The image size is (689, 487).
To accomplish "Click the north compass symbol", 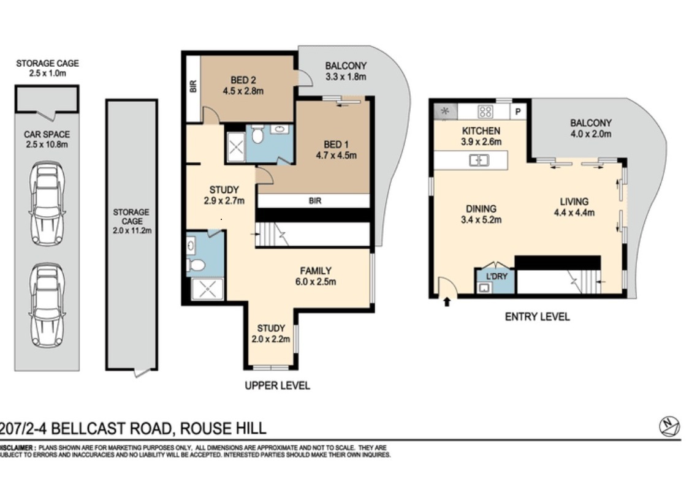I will pyautogui.click(x=669, y=426).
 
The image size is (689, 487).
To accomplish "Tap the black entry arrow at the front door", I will pyautogui.click(x=446, y=301).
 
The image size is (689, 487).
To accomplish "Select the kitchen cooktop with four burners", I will pyautogui.click(x=485, y=111).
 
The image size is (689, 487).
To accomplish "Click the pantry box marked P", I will pyautogui.click(x=517, y=111).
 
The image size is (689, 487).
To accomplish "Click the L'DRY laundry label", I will pyautogui.click(x=496, y=276).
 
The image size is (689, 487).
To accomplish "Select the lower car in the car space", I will pyautogui.click(x=47, y=304).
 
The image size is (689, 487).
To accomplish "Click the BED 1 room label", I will pyautogui.click(x=336, y=145).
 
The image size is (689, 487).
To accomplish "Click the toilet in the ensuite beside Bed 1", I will pyautogui.click(x=257, y=135).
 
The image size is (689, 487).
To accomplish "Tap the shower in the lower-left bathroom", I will pyautogui.click(x=207, y=289).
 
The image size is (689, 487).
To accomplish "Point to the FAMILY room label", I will pyautogui.click(x=315, y=271).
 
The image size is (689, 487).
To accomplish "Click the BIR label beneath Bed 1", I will pyautogui.click(x=314, y=200).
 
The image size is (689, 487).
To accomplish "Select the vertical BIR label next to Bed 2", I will pyautogui.click(x=193, y=86).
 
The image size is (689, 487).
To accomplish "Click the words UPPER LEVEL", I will pyautogui.click(x=277, y=386).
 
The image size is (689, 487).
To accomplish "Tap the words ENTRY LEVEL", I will pyautogui.click(x=537, y=317).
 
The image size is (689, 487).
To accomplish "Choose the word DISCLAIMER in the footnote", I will pyautogui.click(x=17, y=448).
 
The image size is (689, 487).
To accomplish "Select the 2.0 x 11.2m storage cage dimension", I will pyautogui.click(x=131, y=230).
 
